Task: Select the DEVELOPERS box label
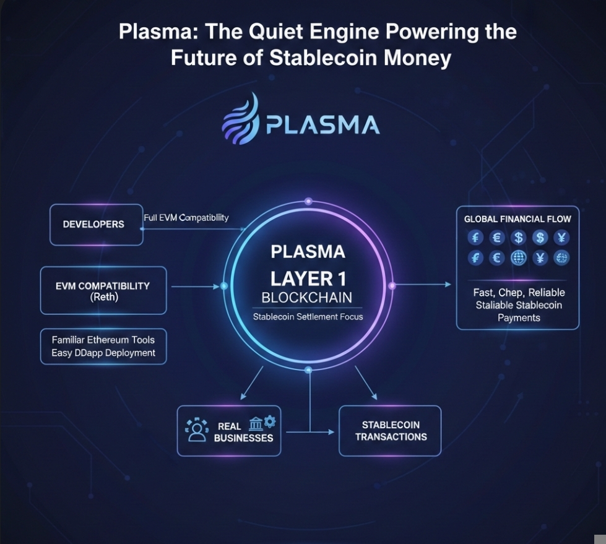point(93,224)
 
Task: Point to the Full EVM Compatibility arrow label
point(186,218)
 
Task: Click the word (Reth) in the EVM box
point(103,298)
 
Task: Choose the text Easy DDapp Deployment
point(103,353)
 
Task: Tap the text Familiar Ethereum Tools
point(103,340)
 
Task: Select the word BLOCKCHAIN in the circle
point(307,296)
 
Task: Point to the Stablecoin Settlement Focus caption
point(308,317)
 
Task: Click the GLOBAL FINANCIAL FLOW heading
point(517,219)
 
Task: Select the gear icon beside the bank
point(270,421)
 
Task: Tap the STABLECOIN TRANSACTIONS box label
point(391,431)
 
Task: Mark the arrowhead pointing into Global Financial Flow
point(449,285)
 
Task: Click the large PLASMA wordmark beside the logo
point(322,125)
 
